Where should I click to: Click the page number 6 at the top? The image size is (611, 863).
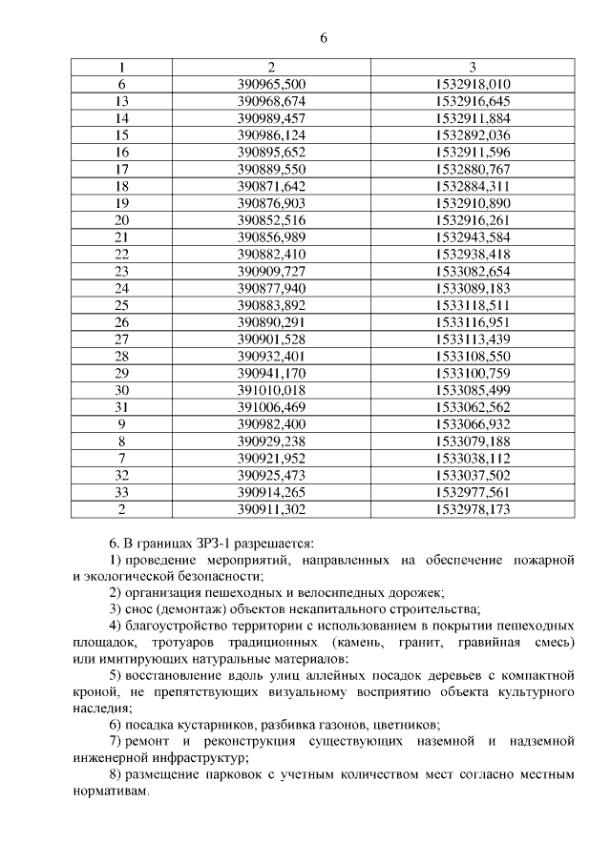324,38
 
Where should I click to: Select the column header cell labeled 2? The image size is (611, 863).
271,68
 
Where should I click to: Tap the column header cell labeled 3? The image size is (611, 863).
473,68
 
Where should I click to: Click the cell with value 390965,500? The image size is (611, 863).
271,84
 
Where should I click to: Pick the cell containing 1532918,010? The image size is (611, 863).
473,84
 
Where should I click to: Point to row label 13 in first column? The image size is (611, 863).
121,101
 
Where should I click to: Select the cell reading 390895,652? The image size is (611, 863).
271,152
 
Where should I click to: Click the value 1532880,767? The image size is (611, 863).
473,169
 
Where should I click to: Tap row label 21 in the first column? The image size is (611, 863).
121,236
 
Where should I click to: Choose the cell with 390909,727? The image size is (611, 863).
271,271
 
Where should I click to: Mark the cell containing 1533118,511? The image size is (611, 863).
473,305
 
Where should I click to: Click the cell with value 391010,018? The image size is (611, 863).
271,390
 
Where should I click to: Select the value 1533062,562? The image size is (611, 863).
473,407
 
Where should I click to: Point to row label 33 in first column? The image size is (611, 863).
121,492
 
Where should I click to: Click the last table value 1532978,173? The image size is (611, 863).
473,509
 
